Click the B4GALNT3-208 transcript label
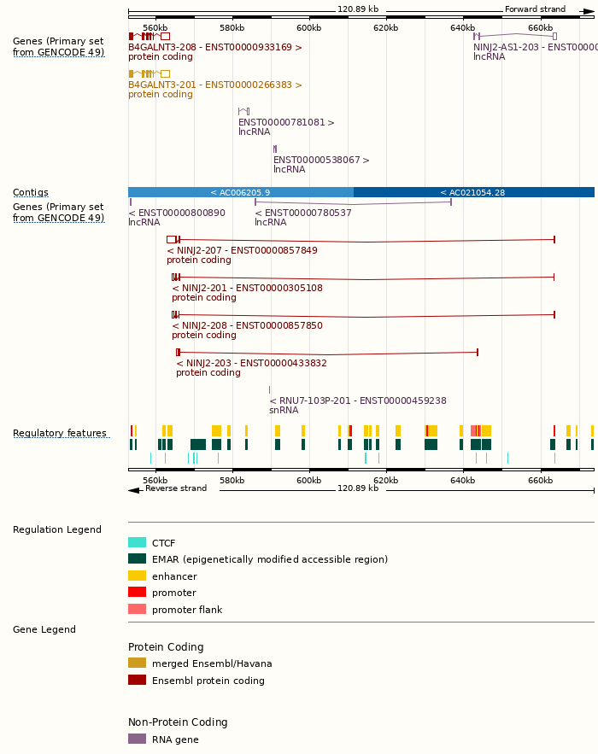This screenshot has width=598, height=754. coord(214,48)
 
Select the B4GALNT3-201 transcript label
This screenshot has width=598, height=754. coord(214,85)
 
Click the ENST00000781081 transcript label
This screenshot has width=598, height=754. coord(286,123)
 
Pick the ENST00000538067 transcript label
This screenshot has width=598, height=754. coord(321,161)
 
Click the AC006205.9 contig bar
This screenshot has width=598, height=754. coord(240,192)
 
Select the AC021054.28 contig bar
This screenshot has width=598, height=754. coord(473,192)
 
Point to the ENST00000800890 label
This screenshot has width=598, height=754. coord(177,213)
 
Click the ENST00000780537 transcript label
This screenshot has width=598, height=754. coord(303,213)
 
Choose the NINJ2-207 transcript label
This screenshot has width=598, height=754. coord(242,251)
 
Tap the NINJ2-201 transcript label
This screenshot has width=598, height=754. coord(247,289)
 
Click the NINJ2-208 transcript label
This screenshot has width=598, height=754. coord(247,326)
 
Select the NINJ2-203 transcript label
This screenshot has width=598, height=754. coord(251,364)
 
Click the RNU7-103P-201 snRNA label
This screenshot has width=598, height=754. coord(358,401)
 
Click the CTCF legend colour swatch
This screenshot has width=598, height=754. coord(137,543)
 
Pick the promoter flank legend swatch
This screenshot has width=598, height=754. coord(137,610)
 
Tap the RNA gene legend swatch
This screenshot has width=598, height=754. coord(137,739)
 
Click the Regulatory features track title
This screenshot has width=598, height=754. coord(60,434)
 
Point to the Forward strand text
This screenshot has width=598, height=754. coord(535,9)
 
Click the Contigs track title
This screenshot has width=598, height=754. coord(31,193)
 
